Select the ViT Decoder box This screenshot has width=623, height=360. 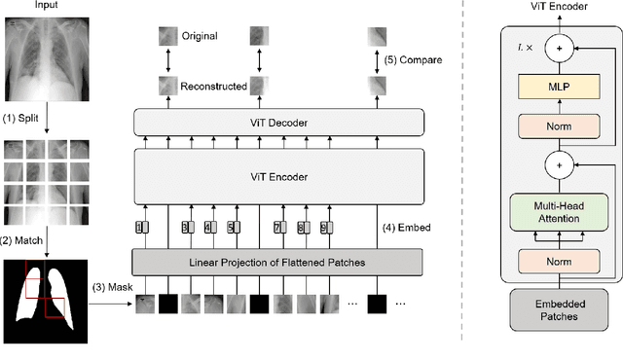click(x=278, y=122)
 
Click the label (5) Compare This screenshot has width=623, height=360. click(x=413, y=60)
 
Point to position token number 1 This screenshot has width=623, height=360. click(x=140, y=228)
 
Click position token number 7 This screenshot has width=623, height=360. click(x=278, y=228)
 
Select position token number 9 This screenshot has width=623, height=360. click(x=302, y=228)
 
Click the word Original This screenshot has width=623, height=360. click(x=200, y=36)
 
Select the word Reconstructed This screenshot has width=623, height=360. click(x=212, y=87)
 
